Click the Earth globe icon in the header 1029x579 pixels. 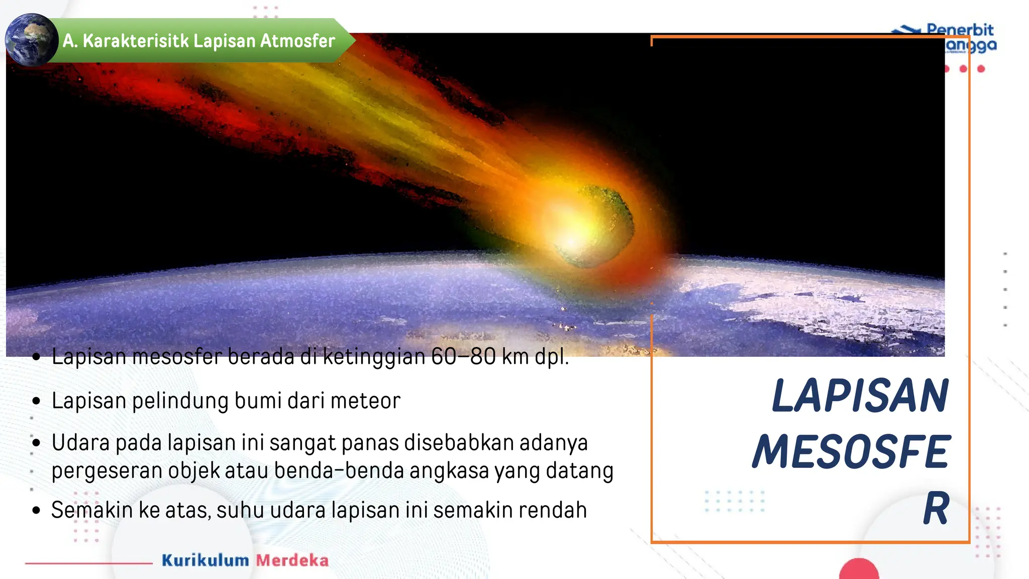pyautogui.click(x=31, y=40)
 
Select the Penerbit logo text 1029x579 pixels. pyautogui.click(x=960, y=30)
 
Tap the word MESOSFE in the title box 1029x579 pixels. pyautogui.click(x=851, y=452)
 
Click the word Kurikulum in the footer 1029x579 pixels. pyautogui.click(x=205, y=560)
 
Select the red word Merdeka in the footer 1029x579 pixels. pyautogui.click(x=292, y=560)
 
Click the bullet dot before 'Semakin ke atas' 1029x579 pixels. pyautogui.click(x=36, y=511)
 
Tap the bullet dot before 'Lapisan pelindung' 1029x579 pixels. pyautogui.click(x=36, y=402)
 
